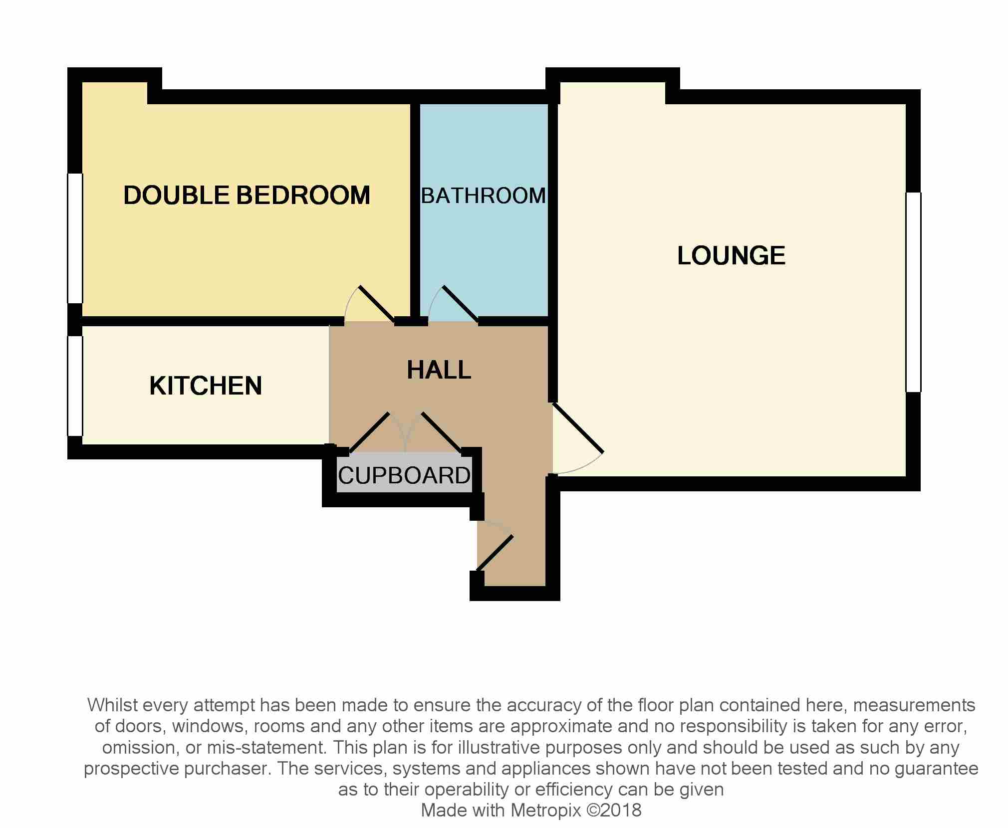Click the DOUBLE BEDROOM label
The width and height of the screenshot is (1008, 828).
coord(247,195)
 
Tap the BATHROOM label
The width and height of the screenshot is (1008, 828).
coord(484,196)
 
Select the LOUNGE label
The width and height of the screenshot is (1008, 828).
coord(731,255)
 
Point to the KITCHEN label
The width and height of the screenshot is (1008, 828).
coord(206,386)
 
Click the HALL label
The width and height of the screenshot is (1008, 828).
coord(439,370)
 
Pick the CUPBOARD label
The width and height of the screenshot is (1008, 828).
coord(404,475)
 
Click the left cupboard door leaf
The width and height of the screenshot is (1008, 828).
coord(370,431)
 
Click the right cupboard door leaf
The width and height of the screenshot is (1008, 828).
coord(442,432)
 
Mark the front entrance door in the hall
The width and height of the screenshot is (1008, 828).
coord(495,553)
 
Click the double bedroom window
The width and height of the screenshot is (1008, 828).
coord(75,238)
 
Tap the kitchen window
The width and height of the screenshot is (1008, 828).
coord(75,386)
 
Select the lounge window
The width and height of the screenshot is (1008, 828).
coord(913,292)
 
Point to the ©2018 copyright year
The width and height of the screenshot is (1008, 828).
coord(614,810)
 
